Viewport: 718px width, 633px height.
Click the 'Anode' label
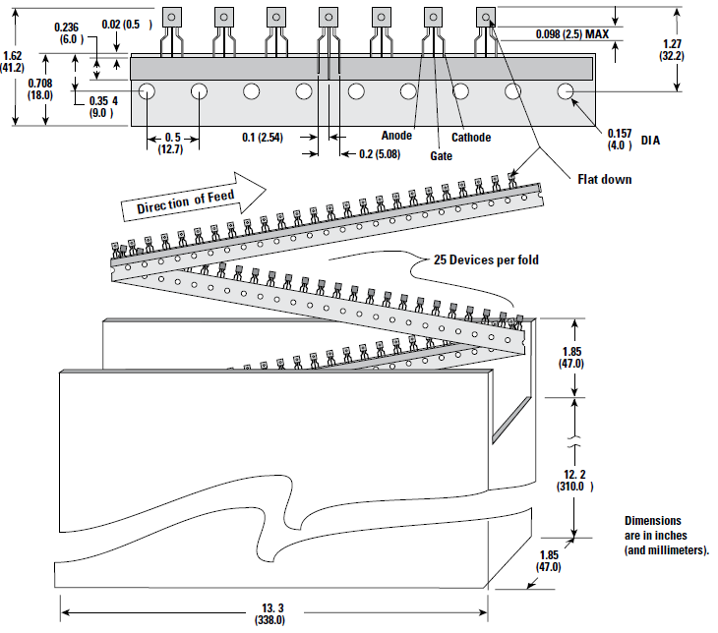click(396, 136)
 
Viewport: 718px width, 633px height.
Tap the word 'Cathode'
click(471, 138)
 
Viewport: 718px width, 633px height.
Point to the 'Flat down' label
click(605, 179)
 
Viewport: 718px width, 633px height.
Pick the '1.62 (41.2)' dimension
click(14, 62)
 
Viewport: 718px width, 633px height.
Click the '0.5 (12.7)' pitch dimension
click(173, 143)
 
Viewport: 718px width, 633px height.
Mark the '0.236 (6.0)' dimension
click(69, 32)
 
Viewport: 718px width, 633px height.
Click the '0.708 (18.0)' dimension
click(40, 89)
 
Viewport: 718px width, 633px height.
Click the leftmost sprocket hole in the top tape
click(148, 91)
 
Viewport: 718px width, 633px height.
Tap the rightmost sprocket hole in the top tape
click(566, 91)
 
